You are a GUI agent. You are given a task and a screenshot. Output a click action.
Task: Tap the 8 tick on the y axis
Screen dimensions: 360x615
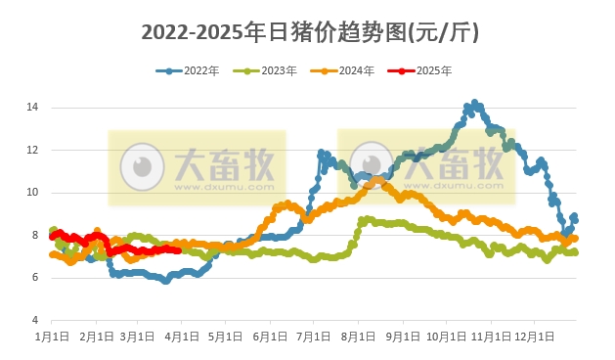35,235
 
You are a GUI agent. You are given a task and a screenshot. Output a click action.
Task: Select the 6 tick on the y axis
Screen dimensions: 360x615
35,278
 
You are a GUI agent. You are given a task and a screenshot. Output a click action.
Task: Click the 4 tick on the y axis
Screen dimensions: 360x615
35,321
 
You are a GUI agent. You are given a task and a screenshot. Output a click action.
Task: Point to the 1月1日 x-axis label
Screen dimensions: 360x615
52,336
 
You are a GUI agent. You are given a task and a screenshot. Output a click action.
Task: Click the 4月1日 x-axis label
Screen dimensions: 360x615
182,336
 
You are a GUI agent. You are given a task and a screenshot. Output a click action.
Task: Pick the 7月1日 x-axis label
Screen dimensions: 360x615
314,336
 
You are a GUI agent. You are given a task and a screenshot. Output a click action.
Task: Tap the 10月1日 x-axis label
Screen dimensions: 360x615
446,336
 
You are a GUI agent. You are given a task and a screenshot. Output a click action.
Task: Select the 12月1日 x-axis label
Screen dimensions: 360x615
535,336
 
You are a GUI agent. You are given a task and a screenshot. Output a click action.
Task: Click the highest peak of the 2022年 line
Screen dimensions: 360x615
475,103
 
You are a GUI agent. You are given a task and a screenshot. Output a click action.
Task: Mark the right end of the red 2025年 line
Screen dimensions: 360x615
177,250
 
